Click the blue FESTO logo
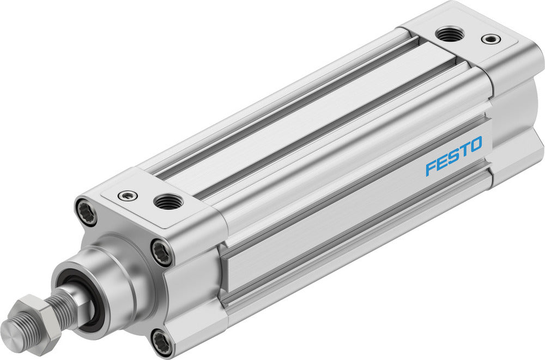click(453, 156)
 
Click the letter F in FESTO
click(431, 167)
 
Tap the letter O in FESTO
click(475, 145)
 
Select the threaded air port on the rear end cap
click(451, 34)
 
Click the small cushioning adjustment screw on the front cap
click(128, 194)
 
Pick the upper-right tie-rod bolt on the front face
click(162, 251)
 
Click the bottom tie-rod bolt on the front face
click(162, 342)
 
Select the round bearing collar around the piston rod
click(114, 273)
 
